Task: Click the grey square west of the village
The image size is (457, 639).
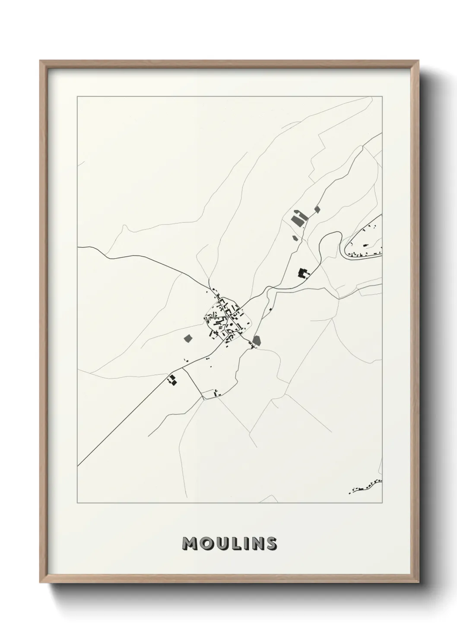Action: (188, 338)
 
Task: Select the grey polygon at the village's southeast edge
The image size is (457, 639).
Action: (257, 341)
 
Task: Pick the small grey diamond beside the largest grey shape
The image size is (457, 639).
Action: (317, 209)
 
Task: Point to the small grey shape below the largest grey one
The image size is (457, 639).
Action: (295, 237)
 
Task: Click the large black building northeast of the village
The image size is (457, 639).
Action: (304, 273)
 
